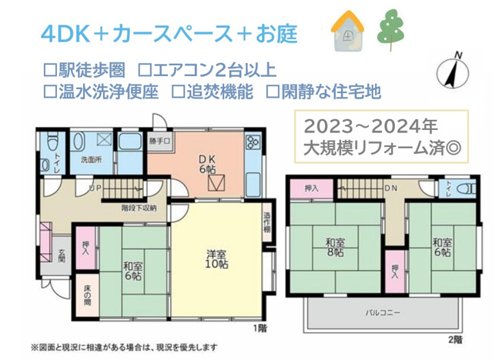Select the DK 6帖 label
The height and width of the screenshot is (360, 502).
206,163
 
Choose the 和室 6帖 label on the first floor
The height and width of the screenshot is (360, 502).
132,271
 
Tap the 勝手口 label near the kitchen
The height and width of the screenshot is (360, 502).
159,141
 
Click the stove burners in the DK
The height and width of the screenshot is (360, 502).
252,143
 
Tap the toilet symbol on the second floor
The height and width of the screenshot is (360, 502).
465,188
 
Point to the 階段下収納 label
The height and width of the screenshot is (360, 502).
139,208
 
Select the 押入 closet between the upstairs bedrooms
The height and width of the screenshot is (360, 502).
393,269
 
